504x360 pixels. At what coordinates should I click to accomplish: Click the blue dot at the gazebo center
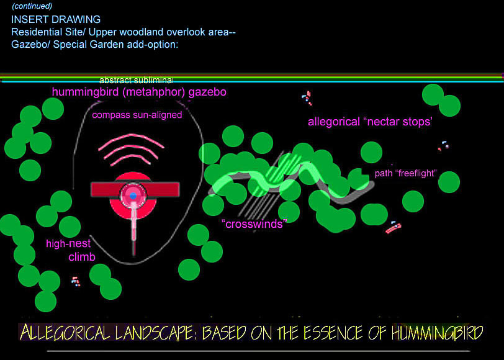click(x=133, y=196)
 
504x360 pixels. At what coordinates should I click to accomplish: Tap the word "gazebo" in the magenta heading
click(x=207, y=92)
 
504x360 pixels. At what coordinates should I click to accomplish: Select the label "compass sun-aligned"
click(x=137, y=115)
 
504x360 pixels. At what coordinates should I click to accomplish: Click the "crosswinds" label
click(x=254, y=223)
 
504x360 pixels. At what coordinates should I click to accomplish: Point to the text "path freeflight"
click(x=406, y=173)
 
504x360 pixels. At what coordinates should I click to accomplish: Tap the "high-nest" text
click(x=68, y=243)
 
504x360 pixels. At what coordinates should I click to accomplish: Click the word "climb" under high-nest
click(x=82, y=257)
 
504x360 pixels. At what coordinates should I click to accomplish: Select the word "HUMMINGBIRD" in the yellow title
click(x=437, y=333)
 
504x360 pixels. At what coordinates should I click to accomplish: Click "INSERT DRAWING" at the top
click(x=56, y=19)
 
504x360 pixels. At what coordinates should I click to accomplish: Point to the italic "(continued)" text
click(x=32, y=6)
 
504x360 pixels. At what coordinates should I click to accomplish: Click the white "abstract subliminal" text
click(x=137, y=79)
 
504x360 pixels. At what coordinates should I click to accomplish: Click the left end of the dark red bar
click(x=91, y=190)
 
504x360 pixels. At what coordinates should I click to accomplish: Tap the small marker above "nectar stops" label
click(x=307, y=97)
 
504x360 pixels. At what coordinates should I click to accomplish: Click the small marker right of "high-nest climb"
click(x=76, y=282)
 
